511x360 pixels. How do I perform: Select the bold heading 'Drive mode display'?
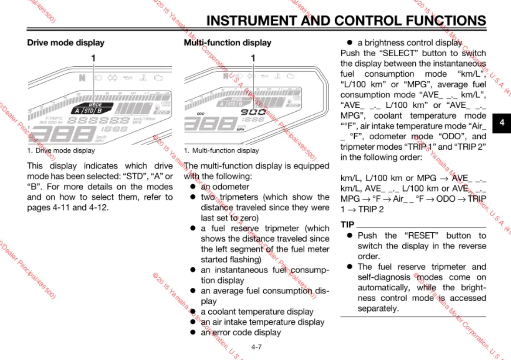point(66,42)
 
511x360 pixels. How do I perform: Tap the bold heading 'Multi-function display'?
point(228,42)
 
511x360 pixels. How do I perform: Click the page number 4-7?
point(256,347)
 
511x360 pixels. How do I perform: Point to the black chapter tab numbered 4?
point(502,122)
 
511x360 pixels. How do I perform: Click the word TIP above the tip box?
point(347,225)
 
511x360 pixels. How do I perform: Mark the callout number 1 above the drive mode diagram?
point(93,58)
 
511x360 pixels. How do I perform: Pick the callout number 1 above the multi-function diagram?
point(253,58)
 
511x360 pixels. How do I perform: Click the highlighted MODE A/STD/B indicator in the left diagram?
point(93,108)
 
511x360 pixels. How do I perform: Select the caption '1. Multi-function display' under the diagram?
point(221,151)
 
